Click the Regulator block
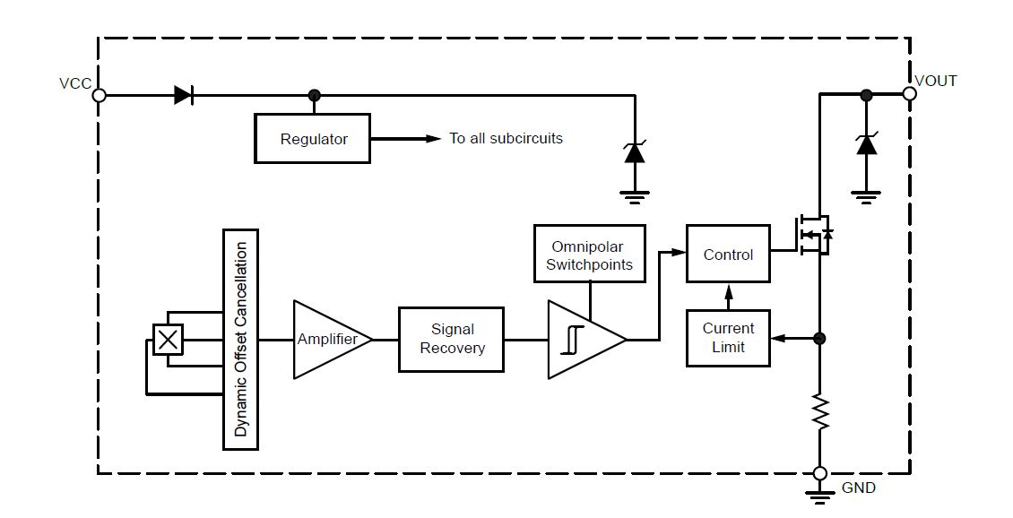[312, 139]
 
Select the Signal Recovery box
[451, 339]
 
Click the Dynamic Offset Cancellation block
[240, 339]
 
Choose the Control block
[727, 255]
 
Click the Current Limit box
[727, 338]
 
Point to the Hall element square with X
[168, 339]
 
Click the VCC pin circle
[100, 95]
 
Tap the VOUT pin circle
[909, 93]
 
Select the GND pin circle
[819, 473]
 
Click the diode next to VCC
[184, 95]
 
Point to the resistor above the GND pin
[819, 411]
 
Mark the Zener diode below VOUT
[866, 144]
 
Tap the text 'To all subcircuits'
[506, 139]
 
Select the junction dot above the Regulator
[314, 95]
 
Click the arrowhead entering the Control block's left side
[679, 254]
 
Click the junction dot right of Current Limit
[819, 339]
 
